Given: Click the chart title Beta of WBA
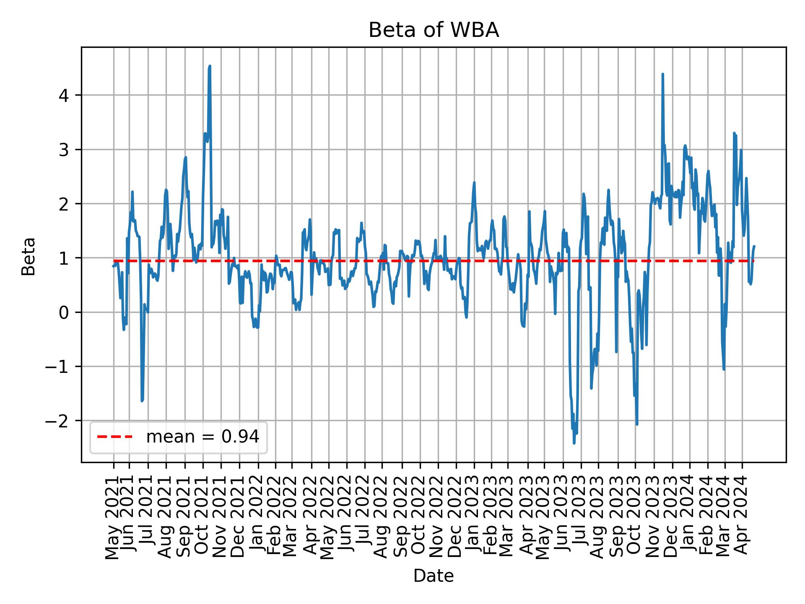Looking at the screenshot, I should coord(434,30).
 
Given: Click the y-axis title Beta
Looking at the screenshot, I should coord(28,256).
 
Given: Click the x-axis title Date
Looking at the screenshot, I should coord(434,576).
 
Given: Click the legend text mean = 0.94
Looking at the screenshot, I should coord(203,437).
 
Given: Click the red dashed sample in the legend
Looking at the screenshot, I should coord(114,437).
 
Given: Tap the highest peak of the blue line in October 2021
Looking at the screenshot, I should coord(210,66).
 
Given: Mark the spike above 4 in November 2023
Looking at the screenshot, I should coord(662,74).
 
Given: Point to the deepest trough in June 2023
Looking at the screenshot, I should coord(574,443).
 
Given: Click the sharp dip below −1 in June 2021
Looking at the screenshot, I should coord(142,401).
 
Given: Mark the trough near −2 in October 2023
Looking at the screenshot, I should coord(637,424).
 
